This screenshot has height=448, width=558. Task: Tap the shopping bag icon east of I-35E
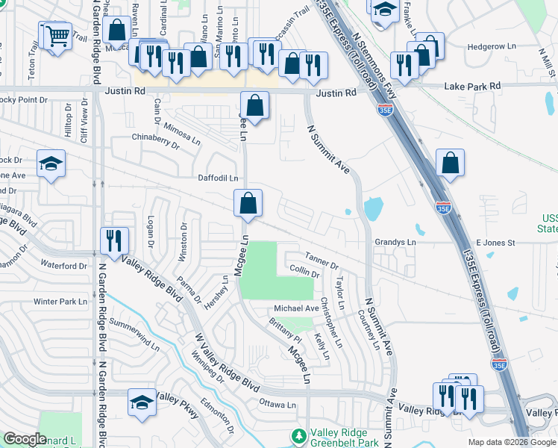[x=451, y=164]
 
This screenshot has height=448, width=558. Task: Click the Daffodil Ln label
[x=218, y=178]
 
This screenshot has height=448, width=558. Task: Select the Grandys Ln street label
[x=395, y=243]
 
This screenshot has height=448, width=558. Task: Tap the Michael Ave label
[x=296, y=308]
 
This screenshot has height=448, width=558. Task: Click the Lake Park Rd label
[x=472, y=87]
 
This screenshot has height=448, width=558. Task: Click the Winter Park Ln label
[x=60, y=302]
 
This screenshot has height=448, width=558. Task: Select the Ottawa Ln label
[x=278, y=405]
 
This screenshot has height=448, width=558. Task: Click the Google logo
[x=25, y=439]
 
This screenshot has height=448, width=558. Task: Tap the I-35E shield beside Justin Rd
[x=385, y=110]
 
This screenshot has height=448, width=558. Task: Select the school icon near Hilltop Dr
[x=51, y=164]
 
